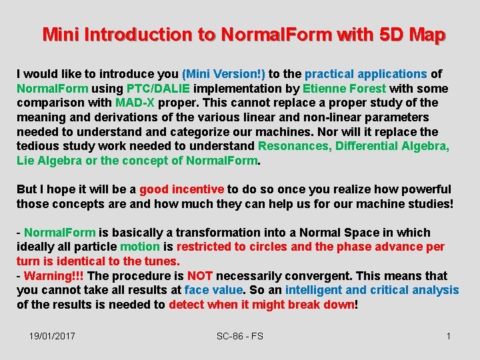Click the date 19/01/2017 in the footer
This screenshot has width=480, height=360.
52,336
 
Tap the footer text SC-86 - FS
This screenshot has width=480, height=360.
240,336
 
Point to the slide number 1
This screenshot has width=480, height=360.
449,336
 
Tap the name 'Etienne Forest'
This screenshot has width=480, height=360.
344,89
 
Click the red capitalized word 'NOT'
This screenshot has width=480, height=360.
200,276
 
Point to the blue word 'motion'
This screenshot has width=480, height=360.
140,247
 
